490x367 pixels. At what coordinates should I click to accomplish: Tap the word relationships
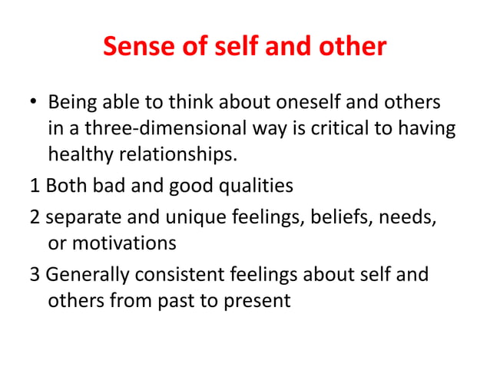(176, 156)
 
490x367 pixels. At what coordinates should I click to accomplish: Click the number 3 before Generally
(35, 275)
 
